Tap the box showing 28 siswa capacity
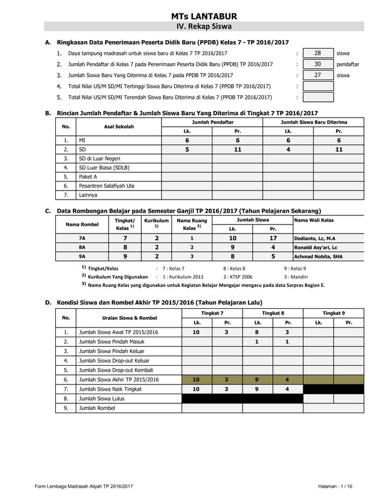318,53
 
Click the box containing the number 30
318,64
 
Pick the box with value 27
318,75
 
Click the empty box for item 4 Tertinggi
318,86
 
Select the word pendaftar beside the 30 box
348,64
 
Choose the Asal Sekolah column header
119,127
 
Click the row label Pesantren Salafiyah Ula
107,186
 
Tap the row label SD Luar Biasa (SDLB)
104,167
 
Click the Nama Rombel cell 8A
82,247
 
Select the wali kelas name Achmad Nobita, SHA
318,257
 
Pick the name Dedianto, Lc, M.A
315,238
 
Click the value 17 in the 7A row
273,238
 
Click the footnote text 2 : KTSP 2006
238,277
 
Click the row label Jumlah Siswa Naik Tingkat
110,389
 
